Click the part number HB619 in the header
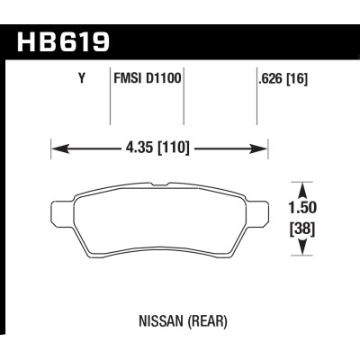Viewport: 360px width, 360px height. pos(63,42)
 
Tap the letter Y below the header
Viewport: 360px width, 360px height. pos(82,78)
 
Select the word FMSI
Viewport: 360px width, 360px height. pos(128,78)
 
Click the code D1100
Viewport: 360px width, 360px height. pos(164,78)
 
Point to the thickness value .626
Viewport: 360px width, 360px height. pos(270,79)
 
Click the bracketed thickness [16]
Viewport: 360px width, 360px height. pos(297,79)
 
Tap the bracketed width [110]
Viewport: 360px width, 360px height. pos(174,148)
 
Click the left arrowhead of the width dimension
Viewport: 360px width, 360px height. pos(60,148)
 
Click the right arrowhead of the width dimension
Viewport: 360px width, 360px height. pos(258,148)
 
